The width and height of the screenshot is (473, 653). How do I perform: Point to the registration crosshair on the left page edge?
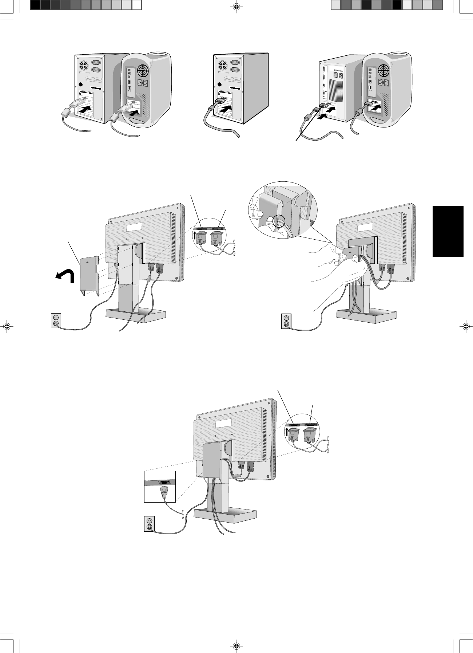(x=6, y=326)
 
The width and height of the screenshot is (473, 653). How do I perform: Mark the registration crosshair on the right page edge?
(x=466, y=326)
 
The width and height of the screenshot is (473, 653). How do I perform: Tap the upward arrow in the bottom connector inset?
(x=287, y=432)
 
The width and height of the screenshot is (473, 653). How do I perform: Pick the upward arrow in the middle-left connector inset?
(x=195, y=236)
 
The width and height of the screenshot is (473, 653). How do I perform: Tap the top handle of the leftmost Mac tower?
(x=159, y=55)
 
